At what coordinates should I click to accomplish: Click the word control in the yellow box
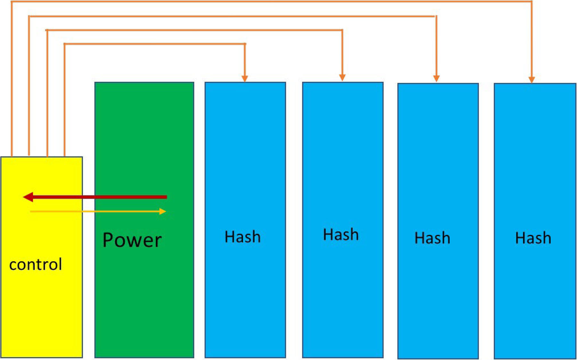pyautogui.click(x=35, y=265)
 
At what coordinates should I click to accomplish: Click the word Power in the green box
pyautogui.click(x=132, y=240)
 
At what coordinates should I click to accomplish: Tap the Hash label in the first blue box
pyautogui.click(x=243, y=237)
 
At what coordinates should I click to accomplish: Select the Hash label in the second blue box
pyautogui.click(x=341, y=235)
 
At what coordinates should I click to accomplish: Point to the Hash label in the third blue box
pyautogui.click(x=432, y=238)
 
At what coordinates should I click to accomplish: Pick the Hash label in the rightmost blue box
pyautogui.click(x=533, y=238)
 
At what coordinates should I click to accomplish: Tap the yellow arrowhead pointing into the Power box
pyautogui.click(x=163, y=211)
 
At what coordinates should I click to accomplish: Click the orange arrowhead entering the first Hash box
pyautogui.click(x=245, y=79)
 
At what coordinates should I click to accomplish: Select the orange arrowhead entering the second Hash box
pyautogui.click(x=342, y=78)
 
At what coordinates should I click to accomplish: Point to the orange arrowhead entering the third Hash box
pyautogui.click(x=436, y=79)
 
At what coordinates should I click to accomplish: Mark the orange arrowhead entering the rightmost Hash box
pyautogui.click(x=531, y=80)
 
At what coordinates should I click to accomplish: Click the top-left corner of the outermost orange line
pyautogui.click(x=12, y=2)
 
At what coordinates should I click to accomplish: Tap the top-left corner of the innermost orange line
pyautogui.click(x=65, y=44)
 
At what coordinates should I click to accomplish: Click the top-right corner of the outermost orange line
pyautogui.click(x=531, y=2)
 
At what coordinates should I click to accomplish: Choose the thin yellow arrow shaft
pyautogui.click(x=96, y=212)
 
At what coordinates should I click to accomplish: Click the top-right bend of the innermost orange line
pyautogui.click(x=245, y=44)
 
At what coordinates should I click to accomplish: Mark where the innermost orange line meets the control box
pyautogui.click(x=65, y=156)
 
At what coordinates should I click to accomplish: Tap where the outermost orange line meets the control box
pyautogui.click(x=12, y=156)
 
